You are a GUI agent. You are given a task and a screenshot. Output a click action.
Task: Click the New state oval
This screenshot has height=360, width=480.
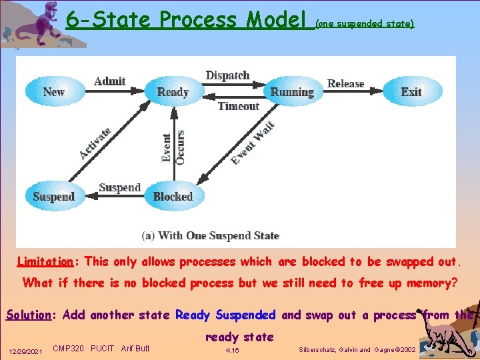(54, 92)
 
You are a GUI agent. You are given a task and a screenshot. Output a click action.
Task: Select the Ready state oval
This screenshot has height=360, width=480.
(173, 92)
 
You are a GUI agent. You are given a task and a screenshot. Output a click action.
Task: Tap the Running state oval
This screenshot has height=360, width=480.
(292, 92)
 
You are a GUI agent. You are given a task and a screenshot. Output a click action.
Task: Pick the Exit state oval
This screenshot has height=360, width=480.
(411, 92)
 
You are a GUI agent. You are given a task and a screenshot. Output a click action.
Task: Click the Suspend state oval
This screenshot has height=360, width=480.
(54, 197)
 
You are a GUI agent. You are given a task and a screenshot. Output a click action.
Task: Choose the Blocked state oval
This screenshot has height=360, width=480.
(173, 197)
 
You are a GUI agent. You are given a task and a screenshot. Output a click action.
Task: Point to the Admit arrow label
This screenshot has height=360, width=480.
(110, 81)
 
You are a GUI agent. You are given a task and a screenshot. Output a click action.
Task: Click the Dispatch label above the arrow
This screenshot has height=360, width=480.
(227, 76)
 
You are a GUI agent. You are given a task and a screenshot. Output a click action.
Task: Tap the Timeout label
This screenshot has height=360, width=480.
(238, 106)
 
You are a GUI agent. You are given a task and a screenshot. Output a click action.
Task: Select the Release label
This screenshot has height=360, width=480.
(345, 84)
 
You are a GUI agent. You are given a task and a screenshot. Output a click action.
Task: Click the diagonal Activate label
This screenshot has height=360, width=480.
(95, 143)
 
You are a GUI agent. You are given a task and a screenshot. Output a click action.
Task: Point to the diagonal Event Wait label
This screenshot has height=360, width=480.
(253, 143)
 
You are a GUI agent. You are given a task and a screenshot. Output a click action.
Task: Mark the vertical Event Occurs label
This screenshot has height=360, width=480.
(173, 147)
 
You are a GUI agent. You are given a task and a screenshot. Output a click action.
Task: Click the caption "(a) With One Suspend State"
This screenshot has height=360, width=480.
(210, 235)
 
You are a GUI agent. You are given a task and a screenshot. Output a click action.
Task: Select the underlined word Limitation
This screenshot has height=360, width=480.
(45, 261)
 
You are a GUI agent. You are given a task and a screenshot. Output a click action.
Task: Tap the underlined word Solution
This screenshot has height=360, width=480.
(28, 315)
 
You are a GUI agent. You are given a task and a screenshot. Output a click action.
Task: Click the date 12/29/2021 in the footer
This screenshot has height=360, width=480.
(25, 350)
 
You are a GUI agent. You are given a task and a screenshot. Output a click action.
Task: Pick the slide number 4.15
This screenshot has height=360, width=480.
(233, 349)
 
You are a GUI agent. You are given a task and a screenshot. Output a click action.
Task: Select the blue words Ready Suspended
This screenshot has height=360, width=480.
(225, 315)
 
